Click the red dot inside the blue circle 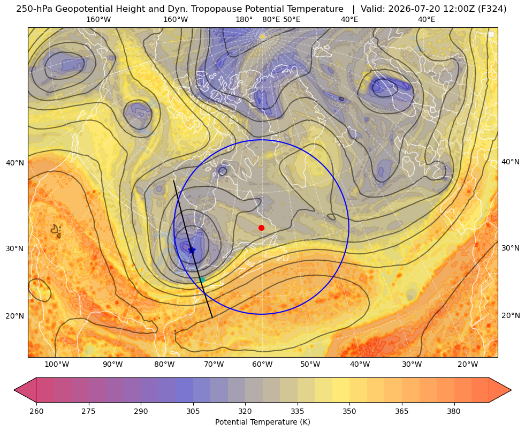click(x=262, y=228)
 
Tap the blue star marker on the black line click(x=192, y=250)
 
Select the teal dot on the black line click(x=202, y=279)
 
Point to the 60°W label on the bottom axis click(x=262, y=364)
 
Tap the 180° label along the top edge click(x=244, y=19)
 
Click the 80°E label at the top click(x=271, y=19)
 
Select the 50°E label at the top click(x=292, y=19)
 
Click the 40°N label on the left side click(x=15, y=163)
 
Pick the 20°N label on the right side click(x=511, y=315)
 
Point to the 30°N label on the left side click(x=15, y=248)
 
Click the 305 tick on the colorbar click(x=193, y=411)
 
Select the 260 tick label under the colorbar click(x=36, y=411)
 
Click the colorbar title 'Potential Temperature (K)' click(x=262, y=422)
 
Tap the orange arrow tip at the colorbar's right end click(x=511, y=390)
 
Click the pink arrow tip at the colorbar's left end click(x=14, y=390)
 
